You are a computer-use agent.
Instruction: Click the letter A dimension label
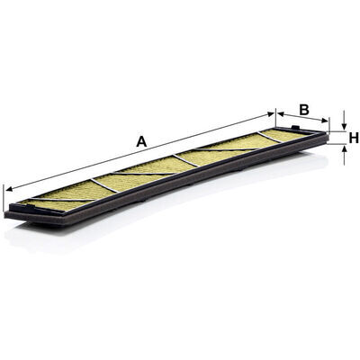(141, 141)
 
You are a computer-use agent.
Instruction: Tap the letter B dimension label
(304, 110)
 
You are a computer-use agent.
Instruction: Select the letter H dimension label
(354, 138)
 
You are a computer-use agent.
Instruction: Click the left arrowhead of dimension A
(9, 189)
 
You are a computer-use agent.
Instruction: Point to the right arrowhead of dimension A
(271, 114)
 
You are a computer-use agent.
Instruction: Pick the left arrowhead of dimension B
(280, 113)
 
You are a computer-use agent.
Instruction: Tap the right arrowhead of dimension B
(325, 121)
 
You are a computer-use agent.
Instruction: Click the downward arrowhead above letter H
(344, 126)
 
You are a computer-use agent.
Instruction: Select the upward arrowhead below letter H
(344, 148)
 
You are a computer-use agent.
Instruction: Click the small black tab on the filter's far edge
(296, 127)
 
